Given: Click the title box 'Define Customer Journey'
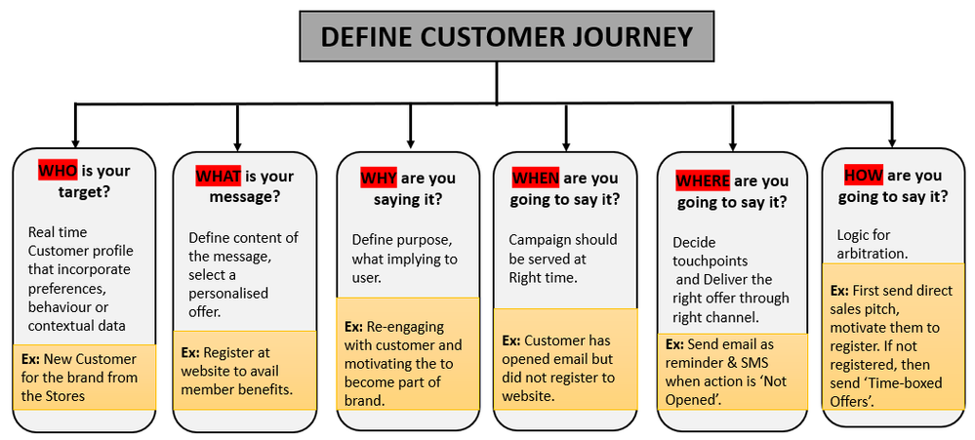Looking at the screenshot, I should point(507,37).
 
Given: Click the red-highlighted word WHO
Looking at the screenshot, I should point(57,171).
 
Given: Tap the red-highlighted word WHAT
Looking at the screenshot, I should point(219,177).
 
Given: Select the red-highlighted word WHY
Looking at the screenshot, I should point(379,178).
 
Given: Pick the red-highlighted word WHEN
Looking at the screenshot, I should point(535,179).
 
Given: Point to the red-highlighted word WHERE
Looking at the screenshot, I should point(703,181).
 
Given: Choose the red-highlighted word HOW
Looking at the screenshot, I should point(863,176).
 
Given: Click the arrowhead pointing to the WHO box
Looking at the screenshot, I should point(76,140).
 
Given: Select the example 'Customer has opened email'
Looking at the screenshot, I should point(563,368).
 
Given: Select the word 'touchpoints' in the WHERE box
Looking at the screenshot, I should point(710,260).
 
